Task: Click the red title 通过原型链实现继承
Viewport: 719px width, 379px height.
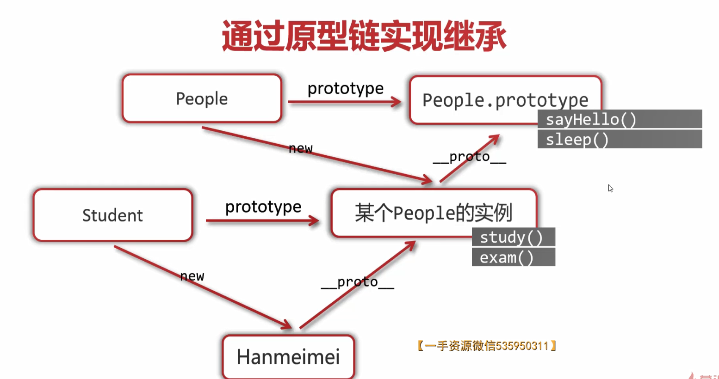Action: (x=364, y=36)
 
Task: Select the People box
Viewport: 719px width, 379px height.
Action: (x=202, y=98)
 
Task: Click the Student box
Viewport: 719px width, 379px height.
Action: (x=112, y=215)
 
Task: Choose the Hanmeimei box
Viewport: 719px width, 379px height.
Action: (x=288, y=357)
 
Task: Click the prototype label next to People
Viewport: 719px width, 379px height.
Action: (x=346, y=88)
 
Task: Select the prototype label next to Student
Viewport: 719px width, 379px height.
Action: (x=263, y=207)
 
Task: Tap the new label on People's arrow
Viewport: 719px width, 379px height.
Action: (x=301, y=148)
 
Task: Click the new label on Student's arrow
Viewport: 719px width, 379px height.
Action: (x=192, y=276)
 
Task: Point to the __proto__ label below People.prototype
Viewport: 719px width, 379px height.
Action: (x=470, y=157)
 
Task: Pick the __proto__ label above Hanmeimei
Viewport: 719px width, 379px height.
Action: (x=358, y=282)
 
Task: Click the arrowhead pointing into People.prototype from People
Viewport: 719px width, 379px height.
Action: (x=396, y=102)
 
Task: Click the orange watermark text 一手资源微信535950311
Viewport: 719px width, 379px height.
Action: (x=487, y=346)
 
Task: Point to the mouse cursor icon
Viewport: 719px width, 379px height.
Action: (x=611, y=188)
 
